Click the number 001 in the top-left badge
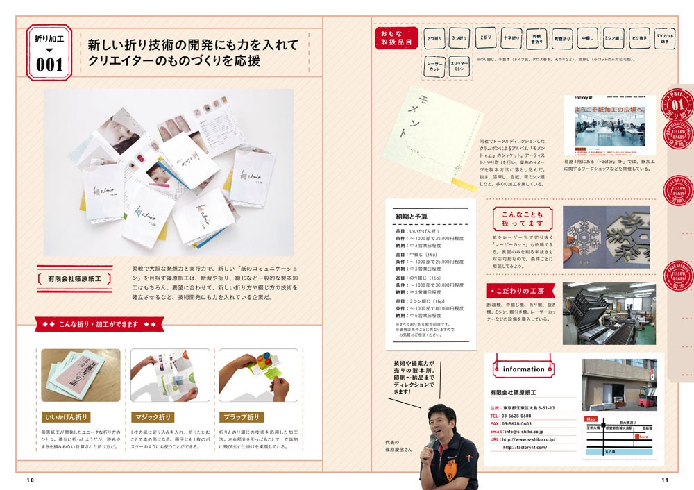tap(49, 65)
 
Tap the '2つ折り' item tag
tap(436, 38)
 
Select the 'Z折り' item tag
tap(486, 37)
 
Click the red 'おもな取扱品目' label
tap(396, 37)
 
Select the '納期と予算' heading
tap(412, 216)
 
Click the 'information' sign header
tap(523, 369)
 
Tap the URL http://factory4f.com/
tap(525, 447)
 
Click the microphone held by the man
tap(433, 440)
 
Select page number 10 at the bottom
tap(31, 480)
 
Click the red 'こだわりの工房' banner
tap(520, 290)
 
